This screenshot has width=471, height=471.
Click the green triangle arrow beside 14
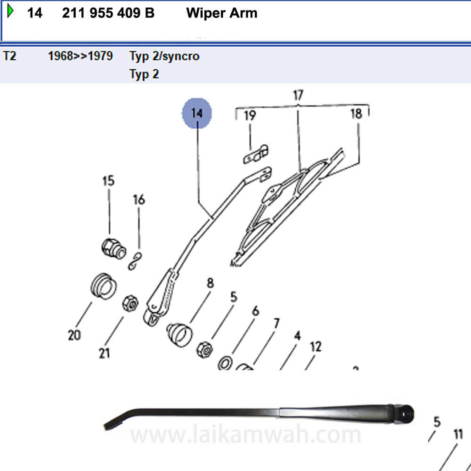pyautogui.click(x=10, y=12)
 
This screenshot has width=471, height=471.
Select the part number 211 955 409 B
pyautogui.click(x=108, y=13)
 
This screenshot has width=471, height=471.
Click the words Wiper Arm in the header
pyautogui.click(x=222, y=13)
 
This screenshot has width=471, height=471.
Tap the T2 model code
pyautogui.click(x=10, y=57)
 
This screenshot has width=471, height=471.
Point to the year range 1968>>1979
pyautogui.click(x=80, y=57)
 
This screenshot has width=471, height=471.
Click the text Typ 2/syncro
pyautogui.click(x=164, y=57)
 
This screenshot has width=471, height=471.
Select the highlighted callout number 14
pyautogui.click(x=197, y=113)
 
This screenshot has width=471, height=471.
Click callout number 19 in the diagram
pyautogui.click(x=250, y=115)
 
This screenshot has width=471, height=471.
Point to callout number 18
pyautogui.click(x=356, y=114)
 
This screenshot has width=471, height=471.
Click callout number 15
pyautogui.click(x=108, y=181)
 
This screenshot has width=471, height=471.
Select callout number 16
pyautogui.click(x=138, y=200)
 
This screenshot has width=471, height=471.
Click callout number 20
pyautogui.click(x=74, y=335)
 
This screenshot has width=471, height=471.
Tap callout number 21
pyautogui.click(x=104, y=353)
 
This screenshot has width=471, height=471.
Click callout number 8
pyautogui.click(x=210, y=283)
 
